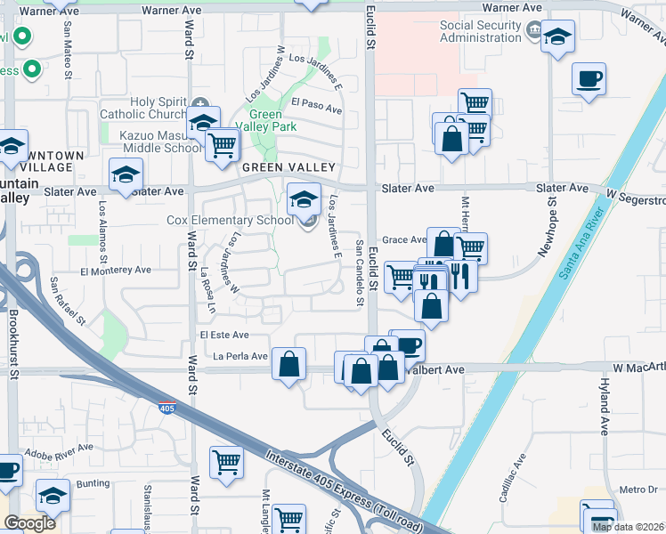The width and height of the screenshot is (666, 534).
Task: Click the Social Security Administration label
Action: point(480,31)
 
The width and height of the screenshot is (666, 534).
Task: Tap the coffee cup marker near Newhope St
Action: point(589,79)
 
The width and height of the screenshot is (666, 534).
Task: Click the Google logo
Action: point(30,523)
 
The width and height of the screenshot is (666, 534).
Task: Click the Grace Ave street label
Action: point(404,240)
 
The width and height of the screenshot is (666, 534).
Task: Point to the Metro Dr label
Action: point(638,489)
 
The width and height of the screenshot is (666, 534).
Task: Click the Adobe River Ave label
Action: point(61,455)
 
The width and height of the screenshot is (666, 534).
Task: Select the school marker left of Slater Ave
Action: point(126,175)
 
